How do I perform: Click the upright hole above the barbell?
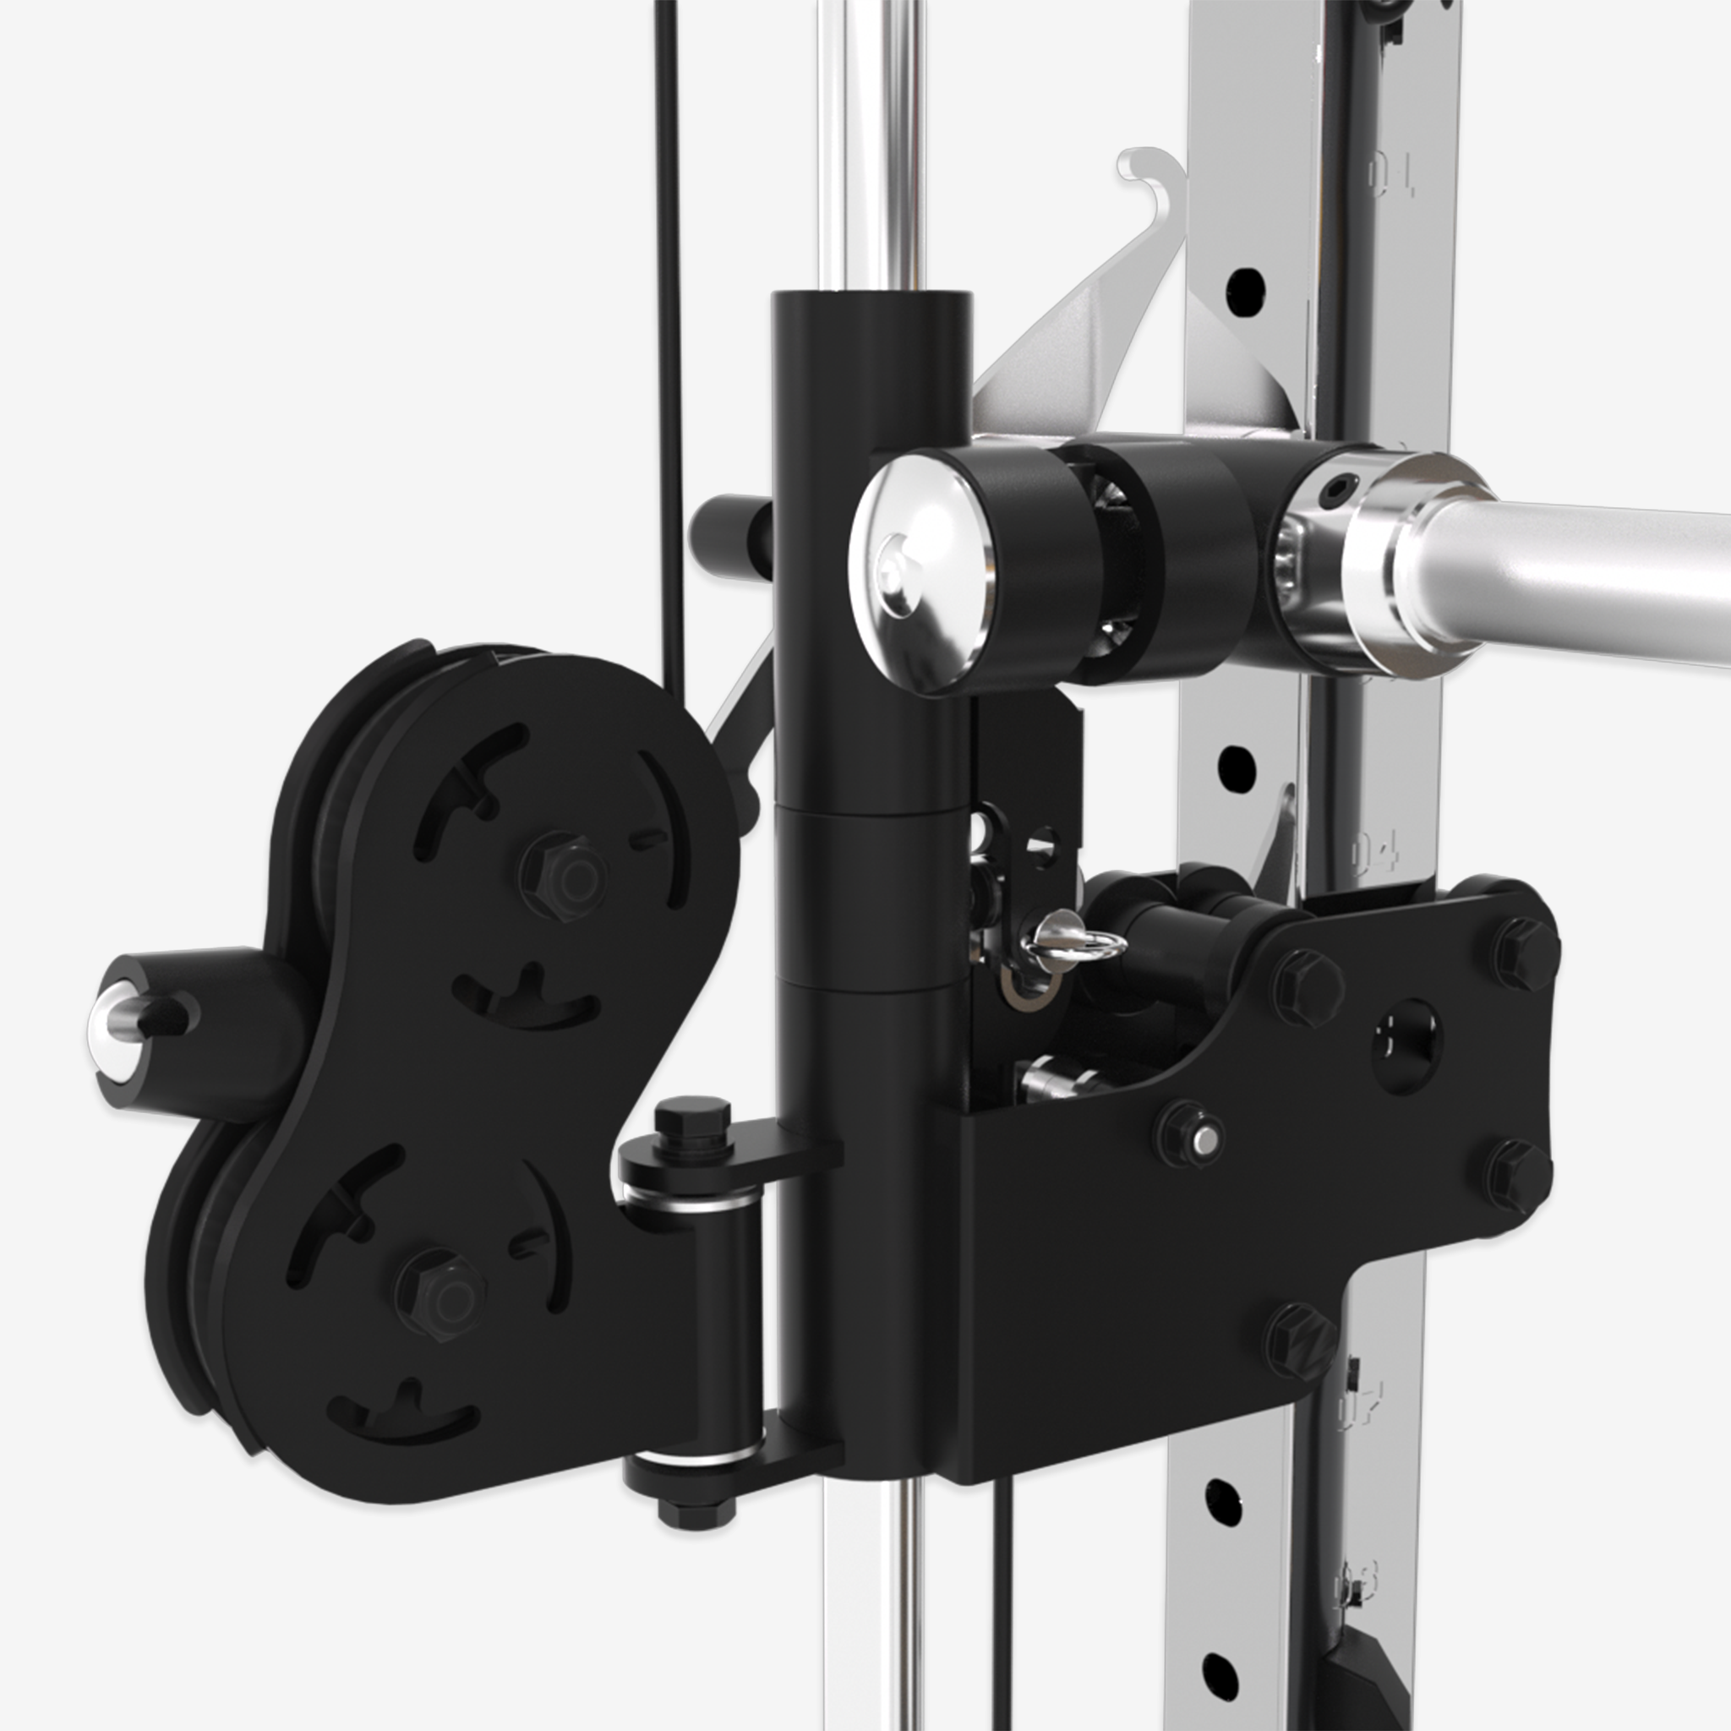click(1245, 287)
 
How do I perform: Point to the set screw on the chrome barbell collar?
click(1341, 489)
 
